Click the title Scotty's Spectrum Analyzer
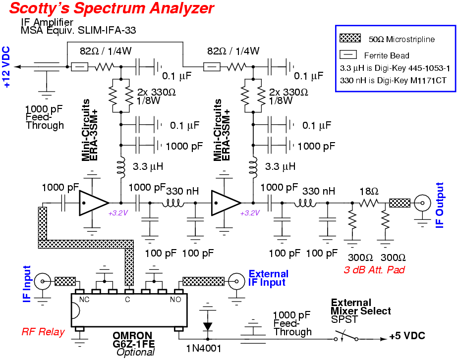click(x=112, y=8)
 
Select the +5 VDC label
click(x=407, y=337)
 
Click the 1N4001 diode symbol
click(x=208, y=326)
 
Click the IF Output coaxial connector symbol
click(x=422, y=203)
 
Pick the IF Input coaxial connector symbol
click(x=43, y=282)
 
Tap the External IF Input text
click(x=268, y=278)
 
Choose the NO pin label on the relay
click(x=175, y=299)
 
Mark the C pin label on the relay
click(x=128, y=299)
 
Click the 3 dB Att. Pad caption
click(x=374, y=270)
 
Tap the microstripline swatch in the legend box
click(x=352, y=38)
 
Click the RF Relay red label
click(x=43, y=332)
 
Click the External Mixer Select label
click(x=361, y=307)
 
